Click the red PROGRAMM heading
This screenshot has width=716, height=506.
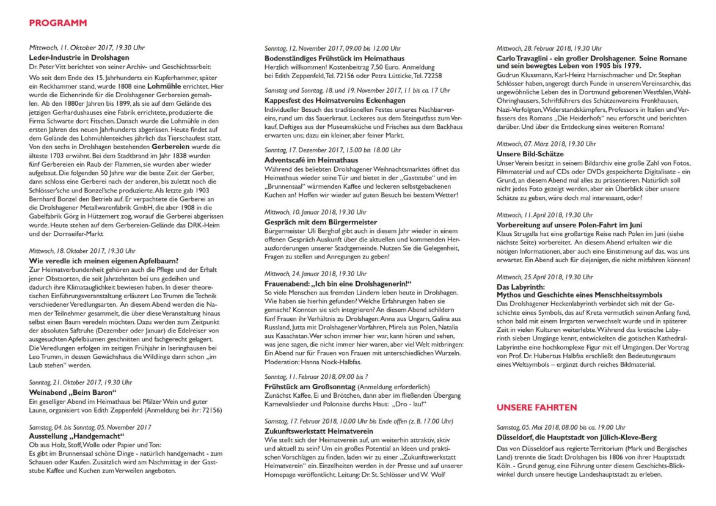[57, 23]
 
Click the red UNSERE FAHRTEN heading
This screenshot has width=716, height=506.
[536, 406]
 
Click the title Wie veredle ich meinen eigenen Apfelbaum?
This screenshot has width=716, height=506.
[103, 261]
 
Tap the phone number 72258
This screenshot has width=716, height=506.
[431, 76]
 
